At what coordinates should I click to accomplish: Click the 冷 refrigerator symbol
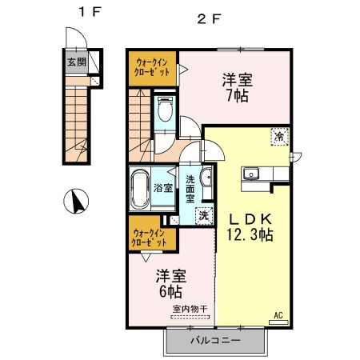tap(279, 138)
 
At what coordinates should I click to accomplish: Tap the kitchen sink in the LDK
tap(250, 173)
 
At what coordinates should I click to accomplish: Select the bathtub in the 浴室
tap(142, 190)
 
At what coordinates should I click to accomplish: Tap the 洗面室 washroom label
tap(191, 189)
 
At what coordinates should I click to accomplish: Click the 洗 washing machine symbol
tap(204, 215)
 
